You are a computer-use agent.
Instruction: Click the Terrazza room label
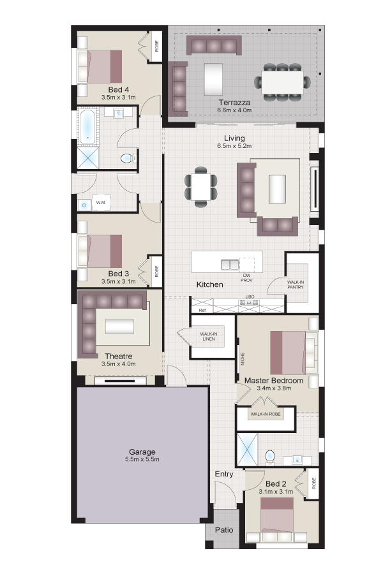[x=234, y=103]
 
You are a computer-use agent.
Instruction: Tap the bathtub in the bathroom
[x=87, y=127]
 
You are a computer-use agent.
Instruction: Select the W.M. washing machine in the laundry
[x=101, y=202]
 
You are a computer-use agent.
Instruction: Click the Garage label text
[x=142, y=452]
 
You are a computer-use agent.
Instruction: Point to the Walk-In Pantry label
[x=296, y=285]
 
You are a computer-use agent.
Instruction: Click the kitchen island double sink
[x=230, y=264]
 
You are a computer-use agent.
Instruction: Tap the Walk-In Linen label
[x=209, y=336]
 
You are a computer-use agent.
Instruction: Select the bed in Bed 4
[x=100, y=66]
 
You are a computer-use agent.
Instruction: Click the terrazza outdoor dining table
[x=282, y=82]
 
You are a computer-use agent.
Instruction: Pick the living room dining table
[x=201, y=187]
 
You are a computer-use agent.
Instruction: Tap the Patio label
[x=224, y=530]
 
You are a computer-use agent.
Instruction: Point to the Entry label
[x=224, y=474]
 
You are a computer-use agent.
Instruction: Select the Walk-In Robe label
[x=266, y=414]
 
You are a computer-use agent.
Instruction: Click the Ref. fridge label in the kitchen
[x=202, y=310]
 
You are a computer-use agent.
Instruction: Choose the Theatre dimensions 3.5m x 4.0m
[x=118, y=364]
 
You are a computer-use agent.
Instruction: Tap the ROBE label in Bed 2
[x=313, y=483]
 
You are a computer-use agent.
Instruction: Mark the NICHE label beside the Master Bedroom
[x=243, y=358]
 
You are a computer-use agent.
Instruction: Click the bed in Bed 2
[x=276, y=519]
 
